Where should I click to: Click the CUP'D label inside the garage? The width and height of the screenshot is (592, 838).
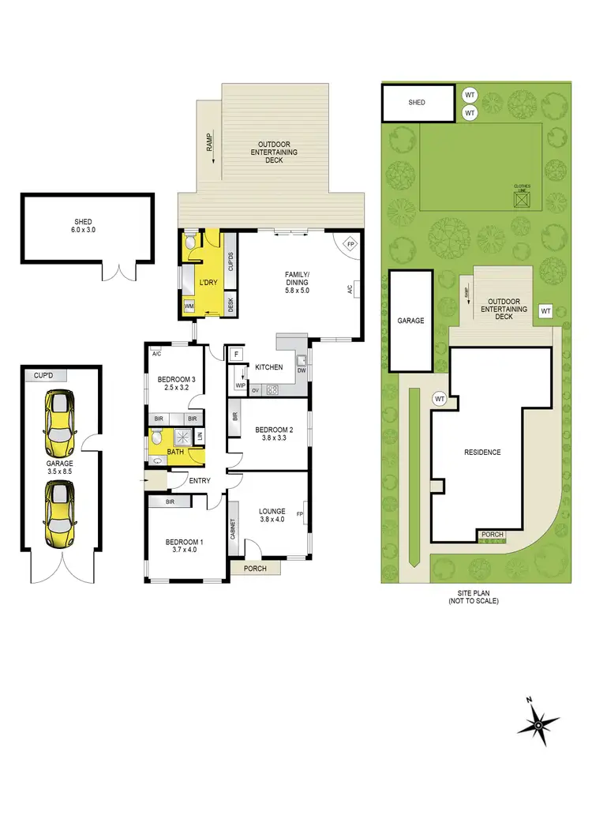click(x=45, y=376)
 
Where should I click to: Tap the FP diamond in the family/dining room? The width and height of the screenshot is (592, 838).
click(x=350, y=244)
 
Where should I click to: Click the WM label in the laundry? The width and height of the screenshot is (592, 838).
click(x=189, y=306)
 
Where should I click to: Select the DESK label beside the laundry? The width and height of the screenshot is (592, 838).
click(x=230, y=303)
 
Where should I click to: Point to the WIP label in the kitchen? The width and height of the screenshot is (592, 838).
click(x=240, y=385)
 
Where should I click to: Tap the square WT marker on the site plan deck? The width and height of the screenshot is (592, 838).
click(x=545, y=311)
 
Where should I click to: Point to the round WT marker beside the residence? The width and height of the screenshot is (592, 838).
click(x=440, y=400)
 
